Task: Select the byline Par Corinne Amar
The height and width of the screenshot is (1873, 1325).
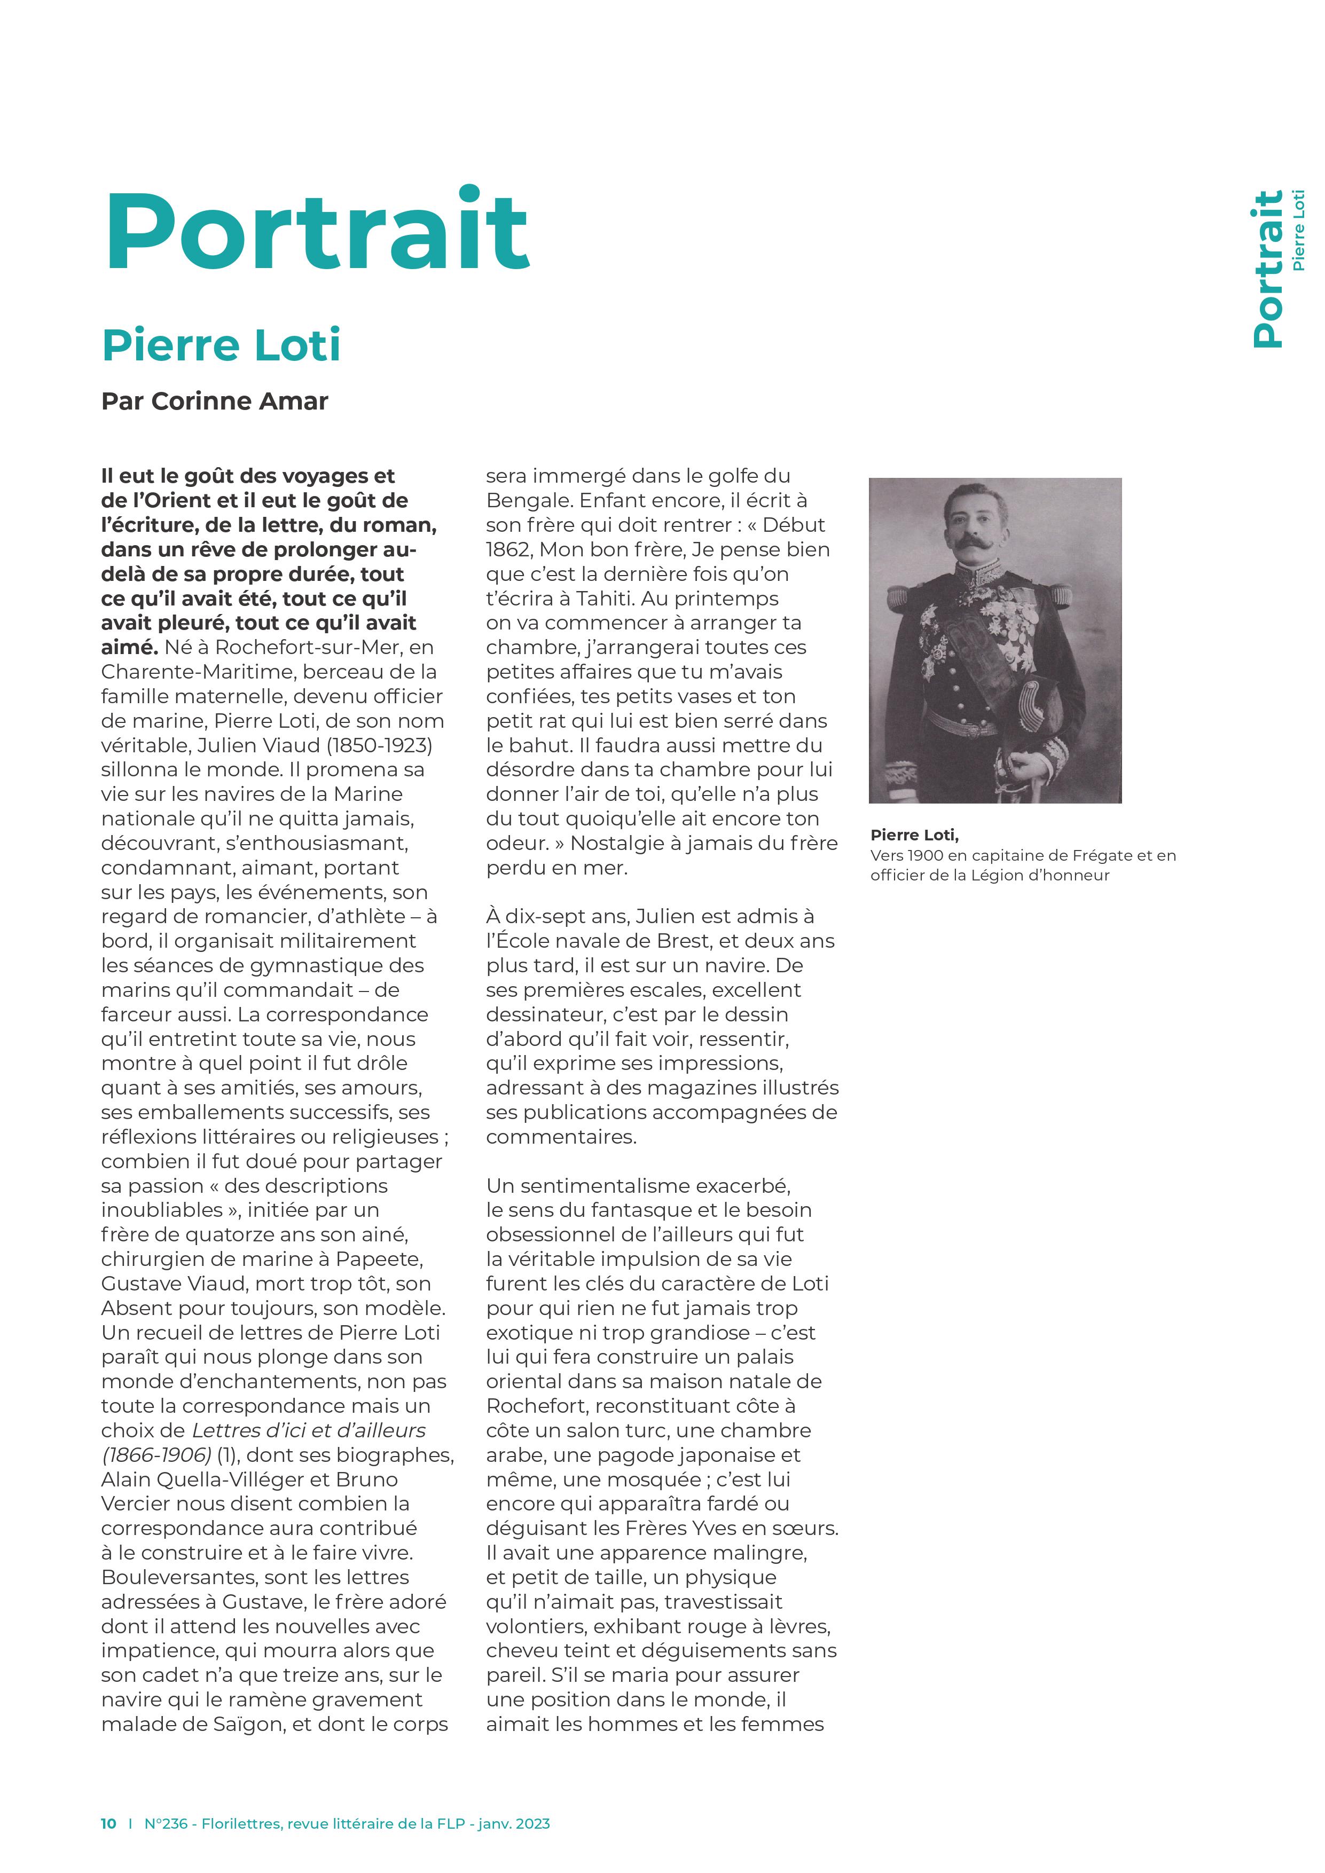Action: tap(215, 402)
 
